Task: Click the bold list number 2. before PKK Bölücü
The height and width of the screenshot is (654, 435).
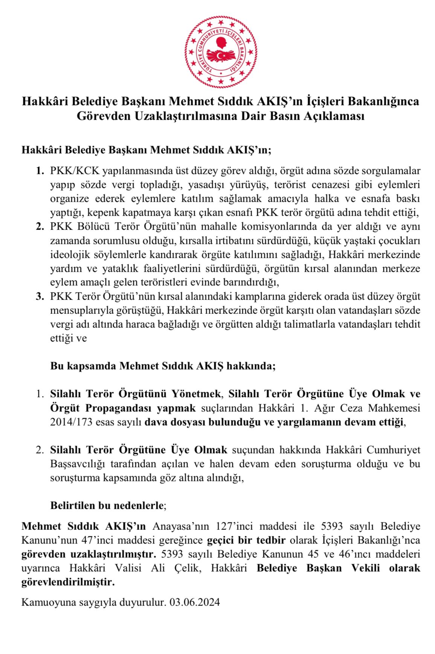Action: pos(40,227)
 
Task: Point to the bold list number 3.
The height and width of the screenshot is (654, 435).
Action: pos(40,296)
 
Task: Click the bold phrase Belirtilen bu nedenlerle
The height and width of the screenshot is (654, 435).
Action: pos(107,505)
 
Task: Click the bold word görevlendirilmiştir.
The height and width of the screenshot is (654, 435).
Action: pos(68,582)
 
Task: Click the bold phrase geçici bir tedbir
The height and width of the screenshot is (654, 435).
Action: pos(246,540)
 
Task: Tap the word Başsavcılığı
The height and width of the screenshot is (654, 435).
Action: pos(78,464)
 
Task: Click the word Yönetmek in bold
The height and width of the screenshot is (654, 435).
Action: pos(196,394)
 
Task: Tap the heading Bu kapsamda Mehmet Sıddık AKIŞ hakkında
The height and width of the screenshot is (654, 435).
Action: pos(163,366)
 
